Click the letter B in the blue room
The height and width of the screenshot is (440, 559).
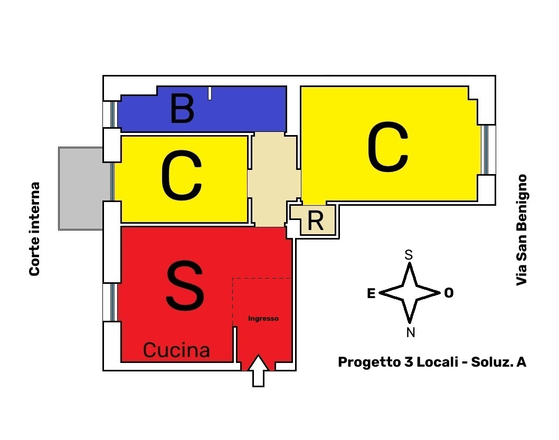183,108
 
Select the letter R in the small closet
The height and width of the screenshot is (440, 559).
316,221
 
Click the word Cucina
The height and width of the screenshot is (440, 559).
176,350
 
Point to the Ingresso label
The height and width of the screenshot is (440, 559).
263,319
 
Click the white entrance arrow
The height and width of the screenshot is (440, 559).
259,370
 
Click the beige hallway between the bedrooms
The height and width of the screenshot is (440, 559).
273,179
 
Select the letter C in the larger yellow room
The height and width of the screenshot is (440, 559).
388,147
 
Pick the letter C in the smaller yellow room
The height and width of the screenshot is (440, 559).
182,175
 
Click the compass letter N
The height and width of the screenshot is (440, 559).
411,333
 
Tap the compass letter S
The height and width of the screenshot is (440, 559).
409,255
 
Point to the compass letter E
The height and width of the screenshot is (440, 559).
371,293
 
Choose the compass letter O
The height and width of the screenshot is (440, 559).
449,293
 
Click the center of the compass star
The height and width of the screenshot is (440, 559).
410,293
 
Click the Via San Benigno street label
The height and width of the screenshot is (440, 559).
522,230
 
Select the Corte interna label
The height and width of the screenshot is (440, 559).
34,229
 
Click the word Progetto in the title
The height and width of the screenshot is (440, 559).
369,362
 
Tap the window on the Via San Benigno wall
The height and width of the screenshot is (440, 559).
485,150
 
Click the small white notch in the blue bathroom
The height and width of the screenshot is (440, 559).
210,93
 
